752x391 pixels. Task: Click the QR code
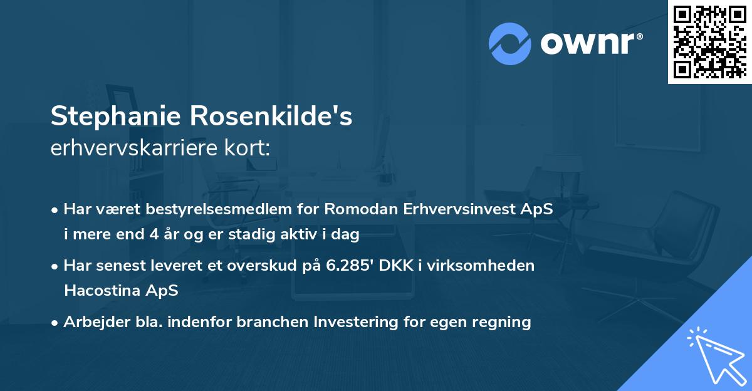tap(709, 41)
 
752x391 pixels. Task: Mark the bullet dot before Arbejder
tap(56, 323)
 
